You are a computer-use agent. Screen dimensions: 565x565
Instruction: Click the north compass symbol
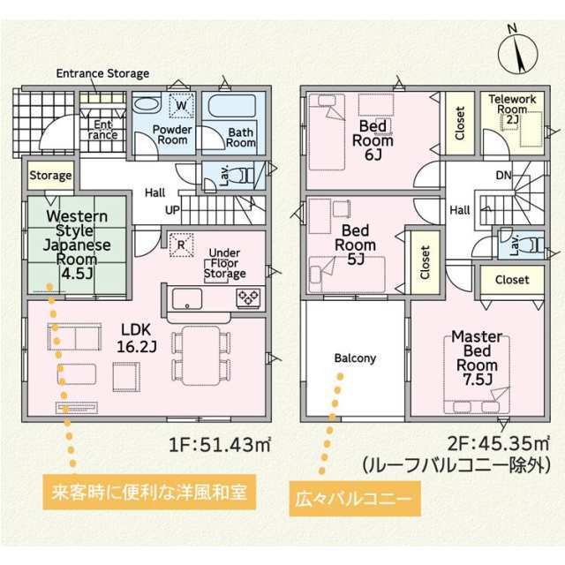[x=518, y=54]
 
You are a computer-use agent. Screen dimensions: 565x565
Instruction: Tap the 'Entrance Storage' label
[x=102, y=73]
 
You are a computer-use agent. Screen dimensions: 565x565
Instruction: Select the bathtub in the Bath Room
[x=232, y=106]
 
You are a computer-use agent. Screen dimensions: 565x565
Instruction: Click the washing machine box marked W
[x=182, y=105]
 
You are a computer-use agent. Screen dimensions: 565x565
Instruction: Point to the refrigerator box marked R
[x=181, y=245]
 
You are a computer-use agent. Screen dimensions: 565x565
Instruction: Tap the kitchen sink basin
[x=187, y=298]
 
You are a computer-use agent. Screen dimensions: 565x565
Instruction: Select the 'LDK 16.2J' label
[x=136, y=338]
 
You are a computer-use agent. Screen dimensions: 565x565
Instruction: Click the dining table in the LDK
[x=201, y=356]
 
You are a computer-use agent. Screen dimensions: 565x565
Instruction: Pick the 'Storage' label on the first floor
[x=50, y=176]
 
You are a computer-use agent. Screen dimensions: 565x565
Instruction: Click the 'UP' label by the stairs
[x=172, y=210]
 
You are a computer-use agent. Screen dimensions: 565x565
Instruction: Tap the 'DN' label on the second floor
[x=504, y=176]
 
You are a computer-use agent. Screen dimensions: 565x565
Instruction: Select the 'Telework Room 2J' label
[x=512, y=109]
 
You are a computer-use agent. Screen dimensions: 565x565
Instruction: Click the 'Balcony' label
[x=355, y=358]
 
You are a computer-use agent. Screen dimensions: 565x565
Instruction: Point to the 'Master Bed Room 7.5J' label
[x=477, y=358]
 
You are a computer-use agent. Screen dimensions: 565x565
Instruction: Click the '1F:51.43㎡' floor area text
[x=220, y=445]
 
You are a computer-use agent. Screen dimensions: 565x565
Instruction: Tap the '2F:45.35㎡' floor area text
[x=498, y=443]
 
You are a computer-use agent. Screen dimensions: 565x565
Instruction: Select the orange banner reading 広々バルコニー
[x=355, y=499]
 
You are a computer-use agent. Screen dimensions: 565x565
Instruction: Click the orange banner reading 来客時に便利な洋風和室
[x=149, y=492]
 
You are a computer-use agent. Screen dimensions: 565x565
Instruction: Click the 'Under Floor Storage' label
[x=225, y=263]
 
